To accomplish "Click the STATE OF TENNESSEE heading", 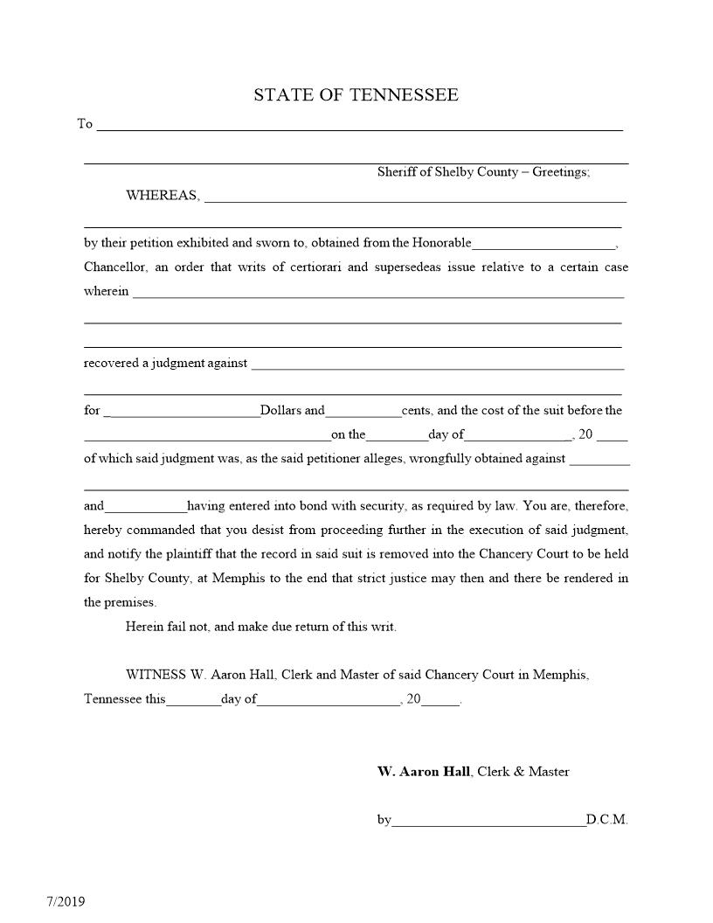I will [x=356, y=95].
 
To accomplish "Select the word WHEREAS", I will [x=163, y=196].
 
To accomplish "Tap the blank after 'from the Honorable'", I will [x=543, y=245].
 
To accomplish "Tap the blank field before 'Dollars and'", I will [x=182, y=413].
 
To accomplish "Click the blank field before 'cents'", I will [x=363, y=413].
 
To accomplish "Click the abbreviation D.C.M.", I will [x=607, y=821].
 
